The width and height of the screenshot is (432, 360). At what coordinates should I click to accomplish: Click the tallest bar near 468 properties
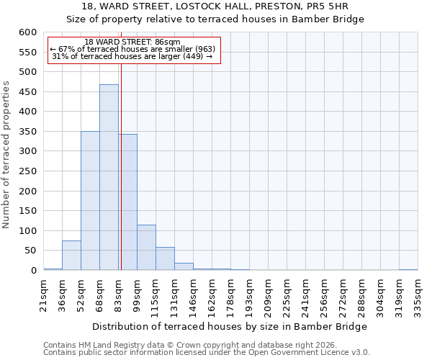click(109, 177)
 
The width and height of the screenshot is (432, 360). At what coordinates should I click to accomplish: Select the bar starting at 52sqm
click(90, 201)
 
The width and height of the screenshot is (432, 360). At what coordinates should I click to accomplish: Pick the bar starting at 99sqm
click(146, 248)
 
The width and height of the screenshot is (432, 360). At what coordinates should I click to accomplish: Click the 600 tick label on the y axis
click(27, 32)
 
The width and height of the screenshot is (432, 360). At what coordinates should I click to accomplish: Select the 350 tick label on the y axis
click(27, 132)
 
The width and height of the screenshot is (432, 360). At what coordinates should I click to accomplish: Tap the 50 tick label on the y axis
click(30, 251)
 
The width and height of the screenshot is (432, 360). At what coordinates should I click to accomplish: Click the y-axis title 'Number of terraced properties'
click(6, 155)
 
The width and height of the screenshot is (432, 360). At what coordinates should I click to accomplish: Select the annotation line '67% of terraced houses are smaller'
click(132, 49)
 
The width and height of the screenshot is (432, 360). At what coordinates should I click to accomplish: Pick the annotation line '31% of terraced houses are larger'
click(132, 56)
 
